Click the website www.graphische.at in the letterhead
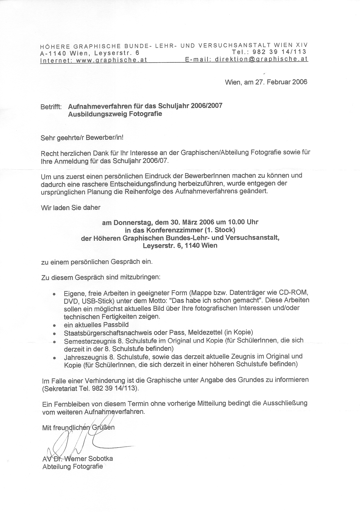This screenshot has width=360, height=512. tap(111, 60)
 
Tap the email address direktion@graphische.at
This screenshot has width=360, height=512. tap(261, 59)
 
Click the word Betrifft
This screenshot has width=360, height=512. tap(51, 107)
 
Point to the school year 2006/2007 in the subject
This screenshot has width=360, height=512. tap(206, 105)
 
